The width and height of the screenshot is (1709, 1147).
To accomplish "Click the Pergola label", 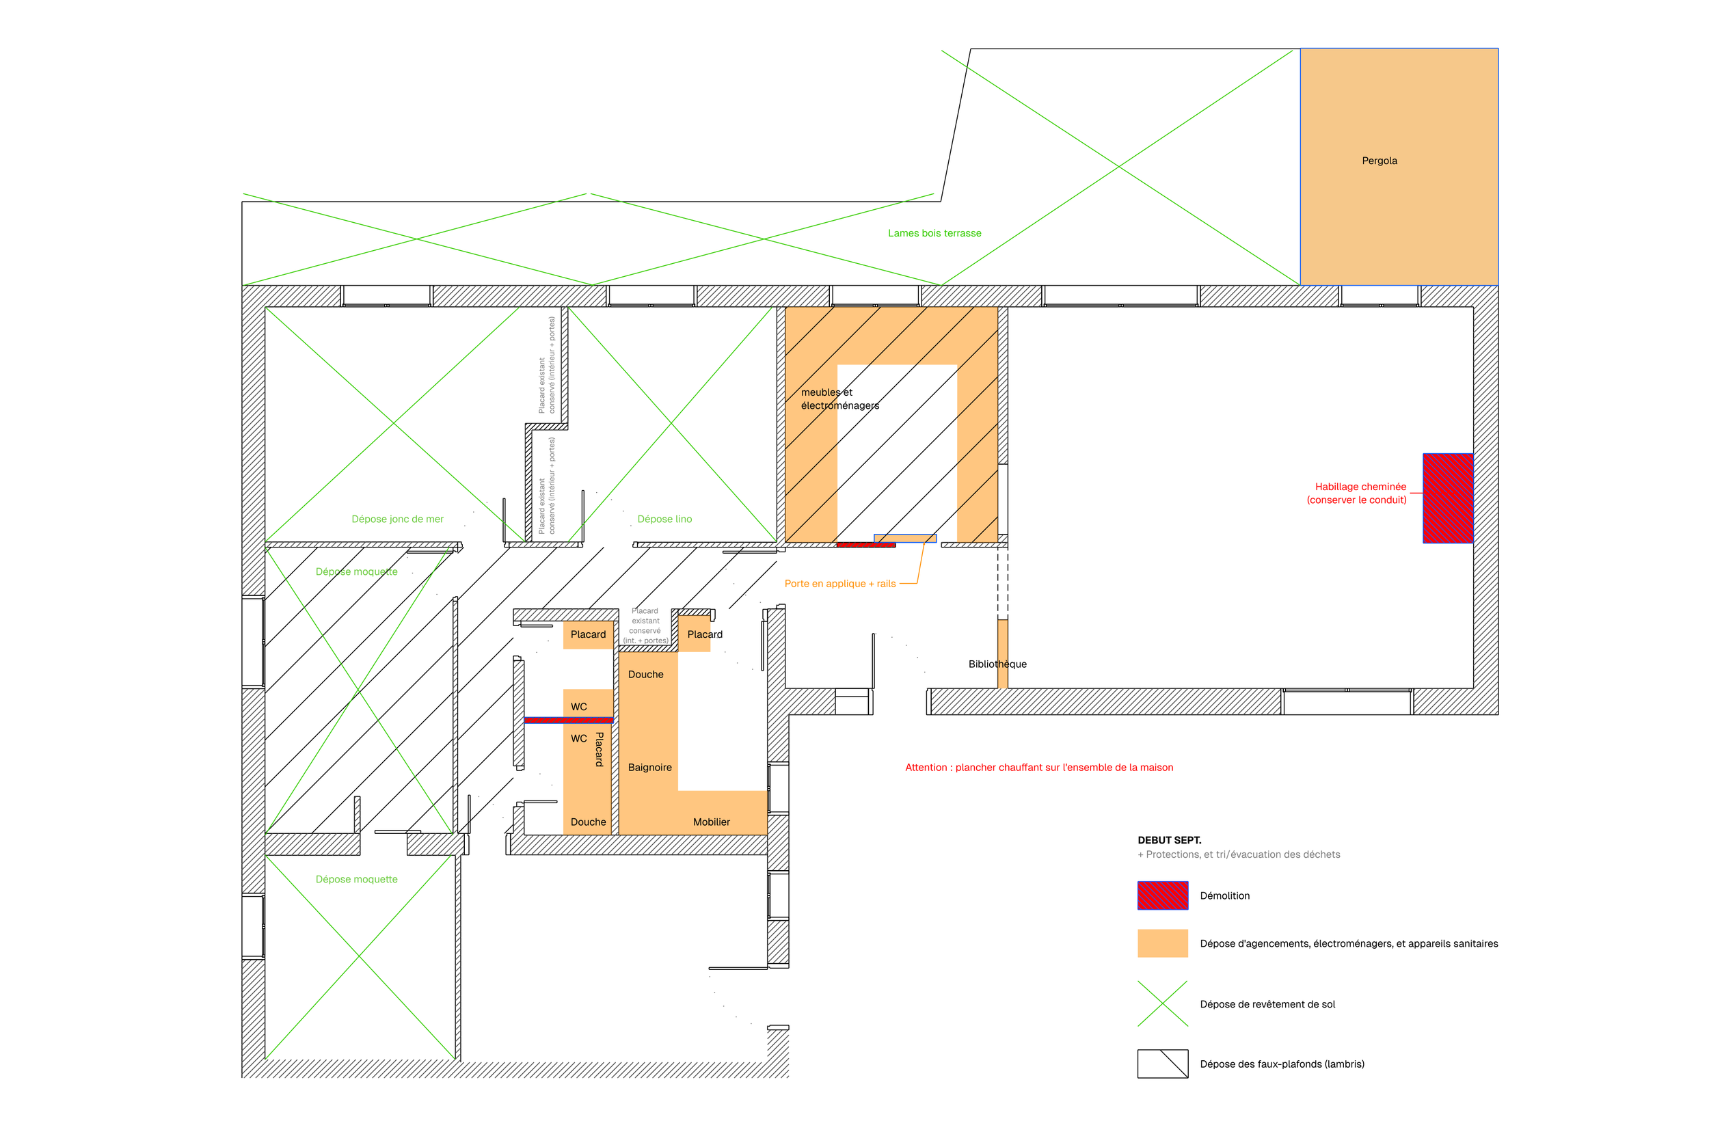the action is [1378, 161].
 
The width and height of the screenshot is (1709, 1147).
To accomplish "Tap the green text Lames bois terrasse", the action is [934, 233].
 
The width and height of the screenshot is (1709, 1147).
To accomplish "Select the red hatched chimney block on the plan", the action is [1446, 498].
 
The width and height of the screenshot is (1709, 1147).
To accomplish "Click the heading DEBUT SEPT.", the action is [1169, 840].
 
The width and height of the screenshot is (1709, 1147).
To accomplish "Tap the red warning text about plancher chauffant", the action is [1038, 768].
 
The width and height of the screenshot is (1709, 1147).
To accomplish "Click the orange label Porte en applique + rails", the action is [839, 584].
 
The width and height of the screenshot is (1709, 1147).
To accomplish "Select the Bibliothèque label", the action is [997, 664].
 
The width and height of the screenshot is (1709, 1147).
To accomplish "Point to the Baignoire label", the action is [649, 768].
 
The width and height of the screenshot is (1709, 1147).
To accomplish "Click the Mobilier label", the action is [710, 822].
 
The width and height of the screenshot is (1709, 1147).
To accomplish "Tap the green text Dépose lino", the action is [664, 519].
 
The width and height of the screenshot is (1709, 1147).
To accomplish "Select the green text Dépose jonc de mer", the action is [396, 519].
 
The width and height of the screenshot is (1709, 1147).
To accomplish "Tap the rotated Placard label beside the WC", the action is [599, 749].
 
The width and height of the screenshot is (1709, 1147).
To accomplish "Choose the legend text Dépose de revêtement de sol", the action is [1267, 1004].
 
